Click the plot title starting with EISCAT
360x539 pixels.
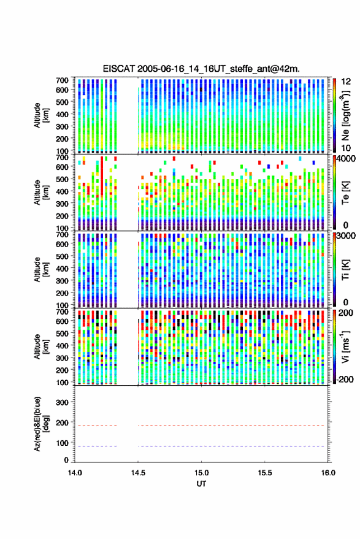[x=201, y=69]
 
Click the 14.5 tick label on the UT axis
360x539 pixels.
[x=138, y=473]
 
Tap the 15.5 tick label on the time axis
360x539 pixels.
[x=265, y=473]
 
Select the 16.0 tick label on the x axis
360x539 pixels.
[x=328, y=473]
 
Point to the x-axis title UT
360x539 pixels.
[x=201, y=484]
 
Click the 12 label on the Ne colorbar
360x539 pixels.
[x=346, y=82]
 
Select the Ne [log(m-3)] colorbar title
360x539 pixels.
[x=345, y=115]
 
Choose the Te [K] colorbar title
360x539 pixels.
[x=345, y=193]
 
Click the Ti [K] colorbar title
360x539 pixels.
[x=345, y=270]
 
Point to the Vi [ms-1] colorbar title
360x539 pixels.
[x=345, y=346]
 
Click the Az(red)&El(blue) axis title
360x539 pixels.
[x=40, y=424]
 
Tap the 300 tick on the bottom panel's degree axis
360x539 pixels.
[x=62, y=402]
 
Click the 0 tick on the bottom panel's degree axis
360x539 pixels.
[x=66, y=460]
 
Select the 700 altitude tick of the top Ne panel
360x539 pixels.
[x=62, y=80]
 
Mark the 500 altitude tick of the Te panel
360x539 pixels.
[x=62, y=179]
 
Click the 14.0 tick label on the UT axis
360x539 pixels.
[x=75, y=473]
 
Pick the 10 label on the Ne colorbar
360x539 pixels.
[x=346, y=148]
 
